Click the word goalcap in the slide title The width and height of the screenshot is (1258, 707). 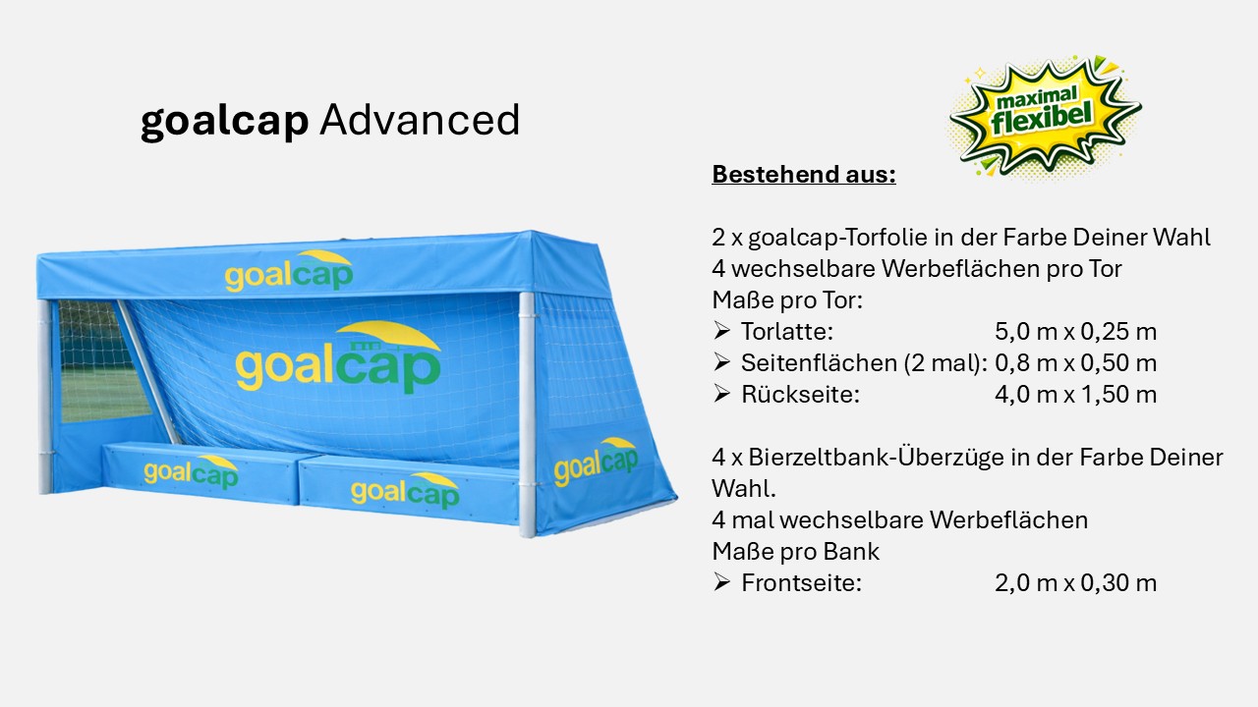tap(225, 122)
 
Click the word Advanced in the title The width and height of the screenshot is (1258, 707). tap(420, 120)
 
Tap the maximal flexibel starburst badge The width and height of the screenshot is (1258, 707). tap(1045, 116)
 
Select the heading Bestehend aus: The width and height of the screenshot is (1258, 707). tap(804, 175)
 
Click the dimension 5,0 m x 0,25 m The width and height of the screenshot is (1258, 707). tap(1075, 332)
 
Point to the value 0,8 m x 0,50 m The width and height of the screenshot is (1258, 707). tap(1075, 363)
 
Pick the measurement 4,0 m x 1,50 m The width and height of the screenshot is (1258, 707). tap(1075, 395)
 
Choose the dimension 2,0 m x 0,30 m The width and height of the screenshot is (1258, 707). tap(1075, 583)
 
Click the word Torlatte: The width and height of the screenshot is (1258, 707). tap(786, 332)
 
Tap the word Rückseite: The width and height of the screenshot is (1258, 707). tap(800, 395)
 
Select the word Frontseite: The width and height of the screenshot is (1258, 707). tap(801, 583)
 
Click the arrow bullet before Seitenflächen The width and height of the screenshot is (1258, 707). tap(722, 363)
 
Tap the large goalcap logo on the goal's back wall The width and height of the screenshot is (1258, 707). tap(337, 358)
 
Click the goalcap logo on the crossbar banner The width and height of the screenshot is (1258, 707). tap(288, 272)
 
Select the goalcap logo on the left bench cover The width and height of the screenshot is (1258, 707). tap(191, 471)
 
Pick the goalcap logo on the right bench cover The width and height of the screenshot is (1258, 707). tap(405, 490)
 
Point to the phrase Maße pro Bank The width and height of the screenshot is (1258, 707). tap(795, 552)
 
